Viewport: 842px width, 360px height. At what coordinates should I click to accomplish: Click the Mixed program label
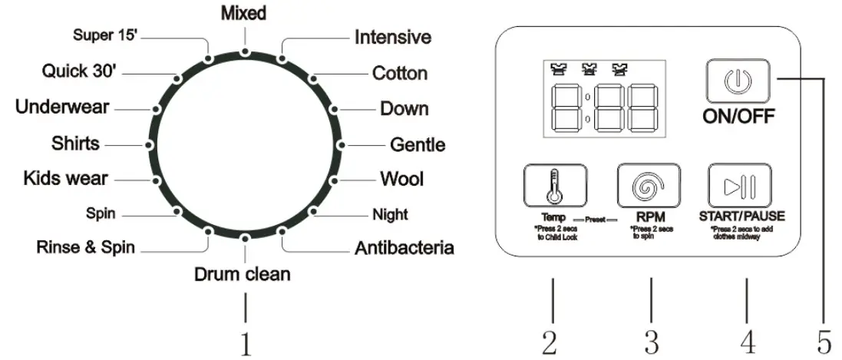[x=244, y=13]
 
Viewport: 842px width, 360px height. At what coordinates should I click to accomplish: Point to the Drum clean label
[x=243, y=273]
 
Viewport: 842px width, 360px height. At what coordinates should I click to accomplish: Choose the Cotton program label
[x=399, y=74]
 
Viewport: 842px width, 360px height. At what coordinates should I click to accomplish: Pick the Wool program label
[x=401, y=180]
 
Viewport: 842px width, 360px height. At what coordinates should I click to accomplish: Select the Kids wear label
[x=65, y=180]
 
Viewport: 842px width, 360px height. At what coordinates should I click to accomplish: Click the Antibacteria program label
[x=404, y=248]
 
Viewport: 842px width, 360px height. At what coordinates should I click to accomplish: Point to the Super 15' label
[x=105, y=35]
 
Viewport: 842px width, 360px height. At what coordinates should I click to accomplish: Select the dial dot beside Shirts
[x=146, y=144]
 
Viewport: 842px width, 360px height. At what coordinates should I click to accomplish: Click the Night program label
[x=390, y=215]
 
